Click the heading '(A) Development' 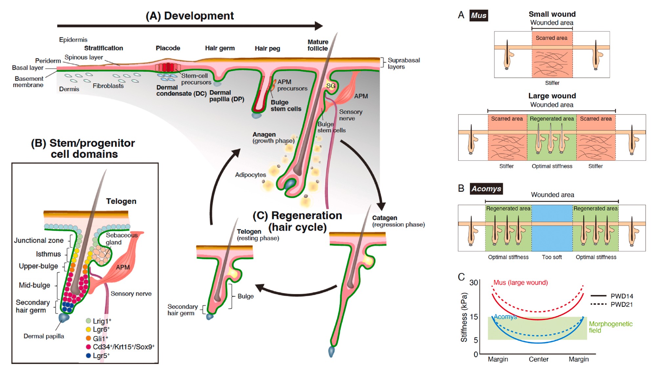pyautogui.click(x=190, y=16)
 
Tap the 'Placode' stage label pyautogui.click(x=168, y=48)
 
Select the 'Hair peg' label pyautogui.click(x=267, y=49)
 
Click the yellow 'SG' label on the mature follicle pyautogui.click(x=331, y=86)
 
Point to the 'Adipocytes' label pyautogui.click(x=250, y=175)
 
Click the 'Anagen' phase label pyautogui.click(x=264, y=135)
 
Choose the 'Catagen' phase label pyautogui.click(x=384, y=218)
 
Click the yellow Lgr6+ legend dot pyautogui.click(x=88, y=329)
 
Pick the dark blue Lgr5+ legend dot pyautogui.click(x=88, y=356)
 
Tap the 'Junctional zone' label pyautogui.click(x=39, y=240)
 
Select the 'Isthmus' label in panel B pyautogui.click(x=48, y=254)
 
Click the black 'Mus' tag pyautogui.click(x=479, y=15)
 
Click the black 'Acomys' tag pyautogui.click(x=486, y=189)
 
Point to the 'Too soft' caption pyautogui.click(x=552, y=257)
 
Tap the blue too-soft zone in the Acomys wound pyautogui.click(x=552, y=228)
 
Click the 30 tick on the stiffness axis pyautogui.click(x=474, y=282)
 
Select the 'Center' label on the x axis pyautogui.click(x=538, y=359)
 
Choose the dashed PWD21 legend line pyautogui.click(x=598, y=304)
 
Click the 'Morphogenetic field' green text pyautogui.click(x=610, y=327)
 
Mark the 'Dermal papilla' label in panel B pyautogui.click(x=44, y=336)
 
